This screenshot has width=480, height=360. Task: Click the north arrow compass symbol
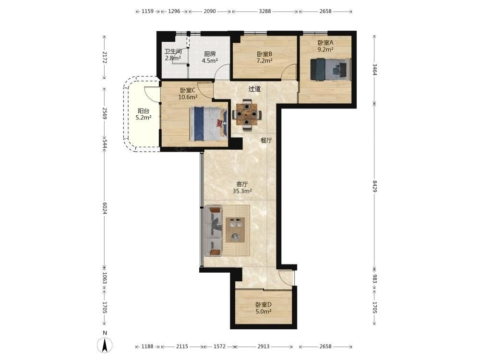coord(105,346)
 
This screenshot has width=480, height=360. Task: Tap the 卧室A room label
coord(325,43)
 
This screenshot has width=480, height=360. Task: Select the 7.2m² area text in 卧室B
coord(264,60)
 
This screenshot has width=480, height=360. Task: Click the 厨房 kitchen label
coord(210,54)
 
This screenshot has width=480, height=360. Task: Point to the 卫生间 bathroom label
coord(173,51)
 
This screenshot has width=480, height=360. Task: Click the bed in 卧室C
coord(209,124)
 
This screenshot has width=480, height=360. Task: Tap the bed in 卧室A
coord(330,70)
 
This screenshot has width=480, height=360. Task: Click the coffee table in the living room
coord(235,229)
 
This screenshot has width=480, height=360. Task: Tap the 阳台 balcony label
coord(144,111)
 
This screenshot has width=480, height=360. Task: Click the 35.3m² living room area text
coord(242,192)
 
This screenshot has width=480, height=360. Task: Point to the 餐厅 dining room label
coord(266,141)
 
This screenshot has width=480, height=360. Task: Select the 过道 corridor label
coord(254,89)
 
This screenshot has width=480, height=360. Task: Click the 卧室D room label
coord(264,305)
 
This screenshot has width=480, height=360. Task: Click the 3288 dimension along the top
coord(265,12)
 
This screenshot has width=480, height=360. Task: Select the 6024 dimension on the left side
coord(105,208)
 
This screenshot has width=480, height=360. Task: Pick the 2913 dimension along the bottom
coord(263,346)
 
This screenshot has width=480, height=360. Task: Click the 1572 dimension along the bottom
coord(219,346)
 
